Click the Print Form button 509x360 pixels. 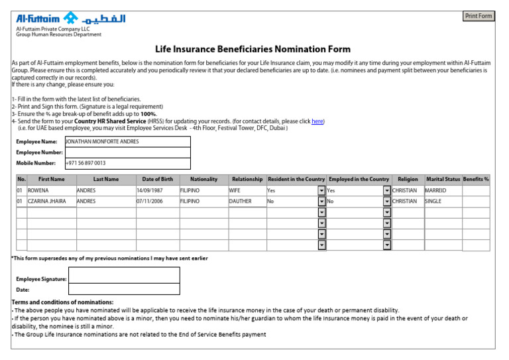(479, 16)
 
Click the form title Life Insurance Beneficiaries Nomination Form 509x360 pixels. (253, 50)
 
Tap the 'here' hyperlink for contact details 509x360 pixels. (317, 121)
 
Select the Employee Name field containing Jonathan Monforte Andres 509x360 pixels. (127, 142)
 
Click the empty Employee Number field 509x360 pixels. (127, 152)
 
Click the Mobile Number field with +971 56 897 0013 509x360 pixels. (127, 163)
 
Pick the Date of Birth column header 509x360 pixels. (157, 180)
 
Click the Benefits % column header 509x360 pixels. (476, 180)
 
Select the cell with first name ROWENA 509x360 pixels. (51, 190)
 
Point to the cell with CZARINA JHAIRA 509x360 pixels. (51, 201)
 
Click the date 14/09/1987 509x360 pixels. (157, 190)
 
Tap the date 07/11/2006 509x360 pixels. (157, 201)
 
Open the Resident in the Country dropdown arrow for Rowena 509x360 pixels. (322, 190)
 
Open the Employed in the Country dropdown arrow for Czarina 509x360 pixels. (387, 201)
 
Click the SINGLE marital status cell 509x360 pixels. (443, 201)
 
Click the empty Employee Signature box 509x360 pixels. (124, 279)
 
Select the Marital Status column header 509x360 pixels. (443, 180)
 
